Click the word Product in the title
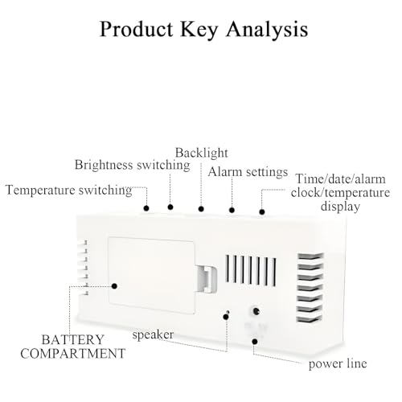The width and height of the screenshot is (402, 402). click(x=137, y=29)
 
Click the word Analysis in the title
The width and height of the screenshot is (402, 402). click(x=267, y=30)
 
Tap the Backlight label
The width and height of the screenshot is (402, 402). click(x=201, y=153)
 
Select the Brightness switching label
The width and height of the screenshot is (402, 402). click(x=133, y=165)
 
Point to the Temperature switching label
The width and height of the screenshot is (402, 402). click(x=69, y=191)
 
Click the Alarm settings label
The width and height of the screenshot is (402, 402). click(x=248, y=172)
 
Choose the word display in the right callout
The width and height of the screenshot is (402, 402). click(x=340, y=207)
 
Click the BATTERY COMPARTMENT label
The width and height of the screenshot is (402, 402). click(x=73, y=347)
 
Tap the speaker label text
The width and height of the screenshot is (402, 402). click(x=153, y=335)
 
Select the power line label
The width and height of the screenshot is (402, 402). click(x=338, y=364)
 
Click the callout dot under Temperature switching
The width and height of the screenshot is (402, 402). click(x=146, y=208)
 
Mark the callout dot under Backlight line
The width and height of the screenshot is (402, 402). click(x=201, y=209)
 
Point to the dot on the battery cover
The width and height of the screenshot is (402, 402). click(x=114, y=286)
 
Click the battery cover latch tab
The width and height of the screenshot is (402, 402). click(x=207, y=279)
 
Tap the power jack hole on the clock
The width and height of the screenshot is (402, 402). click(x=256, y=311)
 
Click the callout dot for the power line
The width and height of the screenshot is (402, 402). click(x=255, y=342)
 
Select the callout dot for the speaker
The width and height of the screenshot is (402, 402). click(x=226, y=317)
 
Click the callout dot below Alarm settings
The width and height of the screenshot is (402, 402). click(x=232, y=210)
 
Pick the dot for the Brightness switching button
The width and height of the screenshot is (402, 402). click(x=170, y=207)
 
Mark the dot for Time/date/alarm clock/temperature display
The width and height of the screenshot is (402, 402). click(x=262, y=211)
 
